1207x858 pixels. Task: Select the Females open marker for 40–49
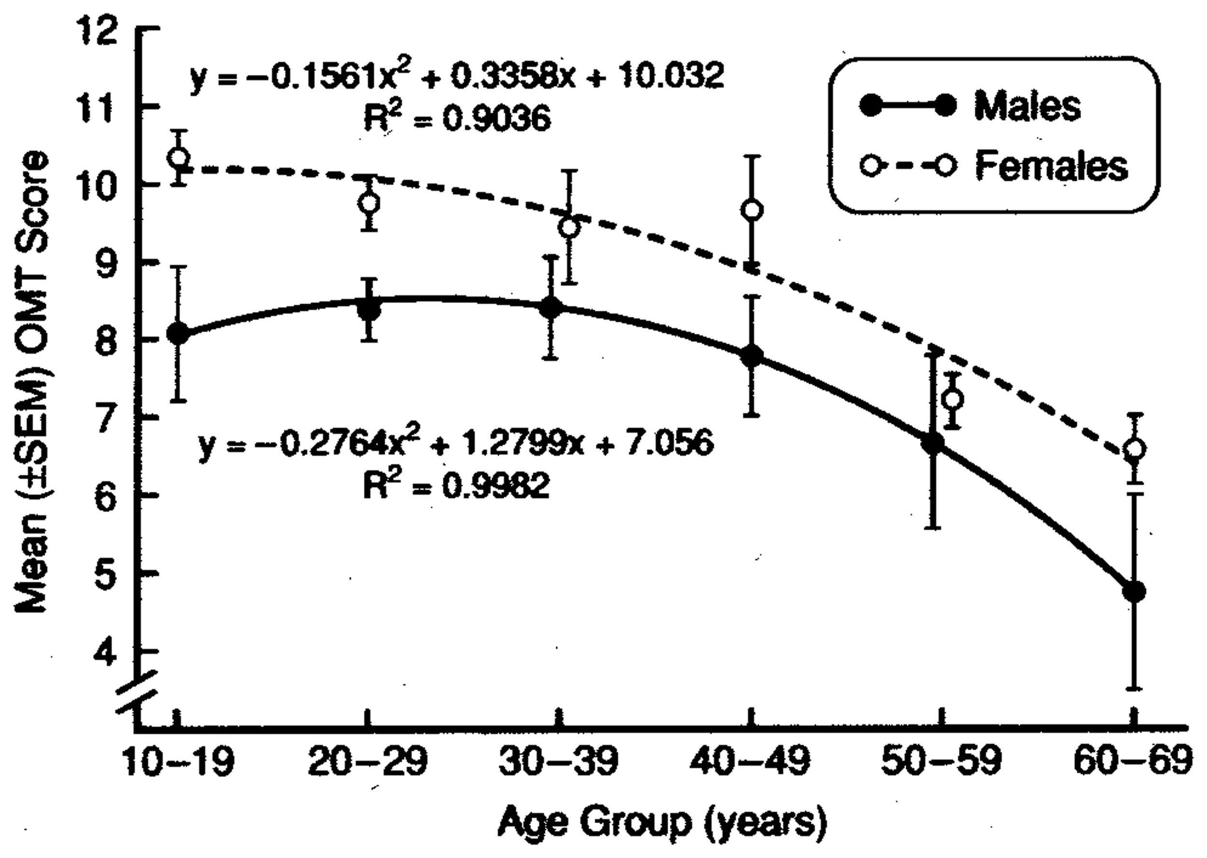(x=752, y=210)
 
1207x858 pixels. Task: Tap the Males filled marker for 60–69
(x=1134, y=591)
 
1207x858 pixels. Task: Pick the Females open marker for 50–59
(x=953, y=400)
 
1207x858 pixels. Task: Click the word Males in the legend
(x=1027, y=106)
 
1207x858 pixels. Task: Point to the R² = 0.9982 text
(x=456, y=485)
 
